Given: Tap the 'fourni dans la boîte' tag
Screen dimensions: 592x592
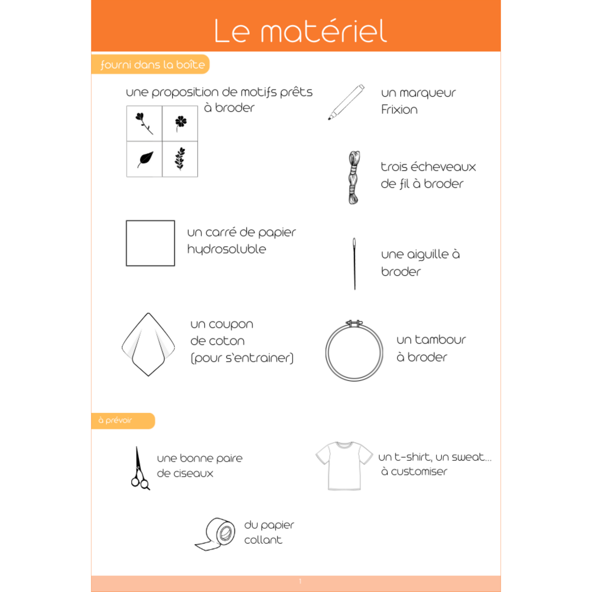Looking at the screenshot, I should pyautogui.click(x=152, y=65).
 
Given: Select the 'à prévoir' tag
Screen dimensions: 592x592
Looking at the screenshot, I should pyautogui.click(x=116, y=420).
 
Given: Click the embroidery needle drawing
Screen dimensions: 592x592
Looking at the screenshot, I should pyautogui.click(x=354, y=263).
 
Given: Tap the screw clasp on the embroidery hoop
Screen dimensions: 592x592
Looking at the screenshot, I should pyautogui.click(x=354, y=323).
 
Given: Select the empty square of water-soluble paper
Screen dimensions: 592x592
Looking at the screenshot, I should pyautogui.click(x=151, y=243).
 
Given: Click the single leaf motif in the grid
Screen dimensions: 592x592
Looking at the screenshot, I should pyautogui.click(x=145, y=159).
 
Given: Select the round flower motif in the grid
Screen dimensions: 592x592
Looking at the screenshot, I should pyautogui.click(x=180, y=122).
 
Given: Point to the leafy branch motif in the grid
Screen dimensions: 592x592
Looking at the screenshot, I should pyautogui.click(x=180, y=158).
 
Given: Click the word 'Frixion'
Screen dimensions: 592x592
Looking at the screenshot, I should pyautogui.click(x=399, y=110).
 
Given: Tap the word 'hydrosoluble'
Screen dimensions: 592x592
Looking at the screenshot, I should pyautogui.click(x=226, y=249).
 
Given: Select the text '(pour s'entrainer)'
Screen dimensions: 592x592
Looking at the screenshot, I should pyautogui.click(x=242, y=358).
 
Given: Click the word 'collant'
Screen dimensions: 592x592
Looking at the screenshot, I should pyautogui.click(x=263, y=540).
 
